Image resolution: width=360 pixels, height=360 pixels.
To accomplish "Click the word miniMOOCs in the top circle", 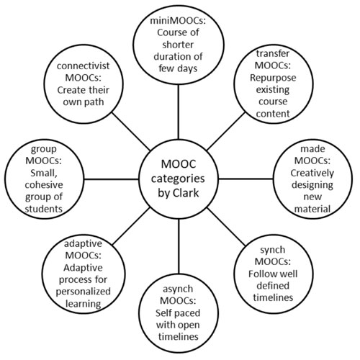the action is coord(178,21).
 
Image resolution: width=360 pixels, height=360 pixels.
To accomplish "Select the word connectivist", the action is coord(83,66).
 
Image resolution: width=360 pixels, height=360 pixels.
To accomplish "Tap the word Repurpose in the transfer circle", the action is coord(273,78).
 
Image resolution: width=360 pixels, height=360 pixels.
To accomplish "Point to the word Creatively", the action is coord(312,173).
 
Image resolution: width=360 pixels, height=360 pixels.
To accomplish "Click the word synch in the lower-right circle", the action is coord(273,250).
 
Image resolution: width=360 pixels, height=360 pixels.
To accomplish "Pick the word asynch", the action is coord(178,289).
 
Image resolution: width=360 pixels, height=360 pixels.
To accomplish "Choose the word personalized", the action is coord(83,292).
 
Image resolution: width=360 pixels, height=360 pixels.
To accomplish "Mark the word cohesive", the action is coord(44,185).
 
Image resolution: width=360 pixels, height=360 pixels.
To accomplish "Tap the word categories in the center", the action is coord(178,179).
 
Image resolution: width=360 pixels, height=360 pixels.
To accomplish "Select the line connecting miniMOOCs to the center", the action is coord(179,112).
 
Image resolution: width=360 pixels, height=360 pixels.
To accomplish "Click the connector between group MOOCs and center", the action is coord(112,179).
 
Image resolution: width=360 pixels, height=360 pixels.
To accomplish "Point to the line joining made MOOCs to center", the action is coord(246,179).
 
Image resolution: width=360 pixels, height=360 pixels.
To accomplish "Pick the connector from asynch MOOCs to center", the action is coord(179,246).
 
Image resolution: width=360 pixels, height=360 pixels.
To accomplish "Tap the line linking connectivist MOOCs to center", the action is coord(131,132).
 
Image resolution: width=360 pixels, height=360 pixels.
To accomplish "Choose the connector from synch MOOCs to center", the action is coord(226,227).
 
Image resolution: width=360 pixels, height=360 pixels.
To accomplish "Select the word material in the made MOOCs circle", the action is coord(312,209).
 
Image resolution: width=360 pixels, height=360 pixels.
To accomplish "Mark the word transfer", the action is coord(273,53).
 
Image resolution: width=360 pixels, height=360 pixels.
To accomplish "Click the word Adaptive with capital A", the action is coord(83,268).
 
